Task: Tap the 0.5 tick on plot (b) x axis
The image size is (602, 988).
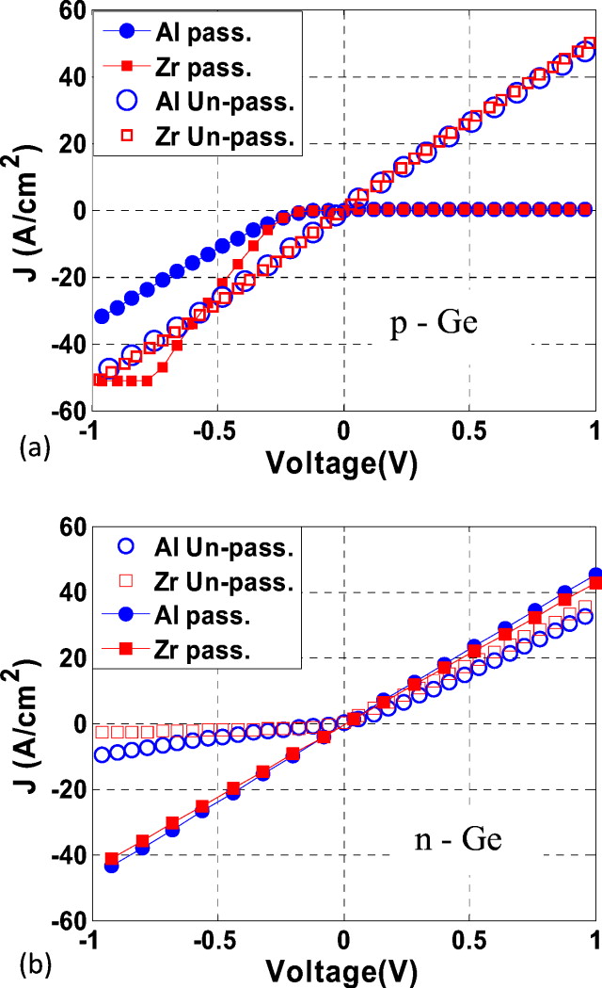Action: click(469, 944)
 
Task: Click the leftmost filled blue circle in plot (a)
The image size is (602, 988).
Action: click(102, 316)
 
